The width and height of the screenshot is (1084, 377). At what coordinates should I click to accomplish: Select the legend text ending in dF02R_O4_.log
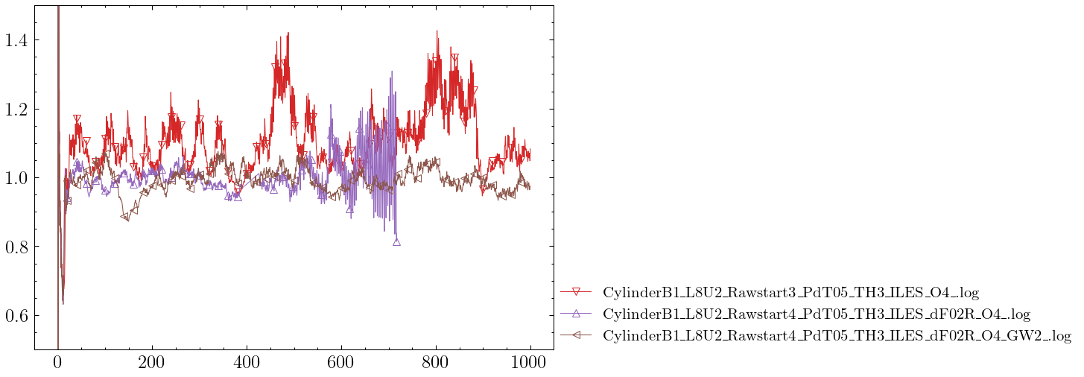pyautogui.click(x=817, y=314)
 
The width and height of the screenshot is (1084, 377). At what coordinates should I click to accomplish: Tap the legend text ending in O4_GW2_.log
pyautogui.click(x=837, y=335)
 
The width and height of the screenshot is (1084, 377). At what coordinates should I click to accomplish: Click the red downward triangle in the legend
pyautogui.click(x=576, y=291)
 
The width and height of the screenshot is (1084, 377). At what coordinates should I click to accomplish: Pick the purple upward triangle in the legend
pyautogui.click(x=576, y=313)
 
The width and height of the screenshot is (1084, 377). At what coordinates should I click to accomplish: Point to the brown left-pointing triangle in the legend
pyautogui.click(x=576, y=335)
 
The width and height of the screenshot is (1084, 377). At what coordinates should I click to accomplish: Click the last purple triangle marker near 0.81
pyautogui.click(x=396, y=241)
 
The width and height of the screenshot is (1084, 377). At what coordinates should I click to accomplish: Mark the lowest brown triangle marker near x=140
pyautogui.click(x=124, y=217)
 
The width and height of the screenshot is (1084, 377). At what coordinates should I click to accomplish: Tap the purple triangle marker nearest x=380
pyautogui.click(x=238, y=197)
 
